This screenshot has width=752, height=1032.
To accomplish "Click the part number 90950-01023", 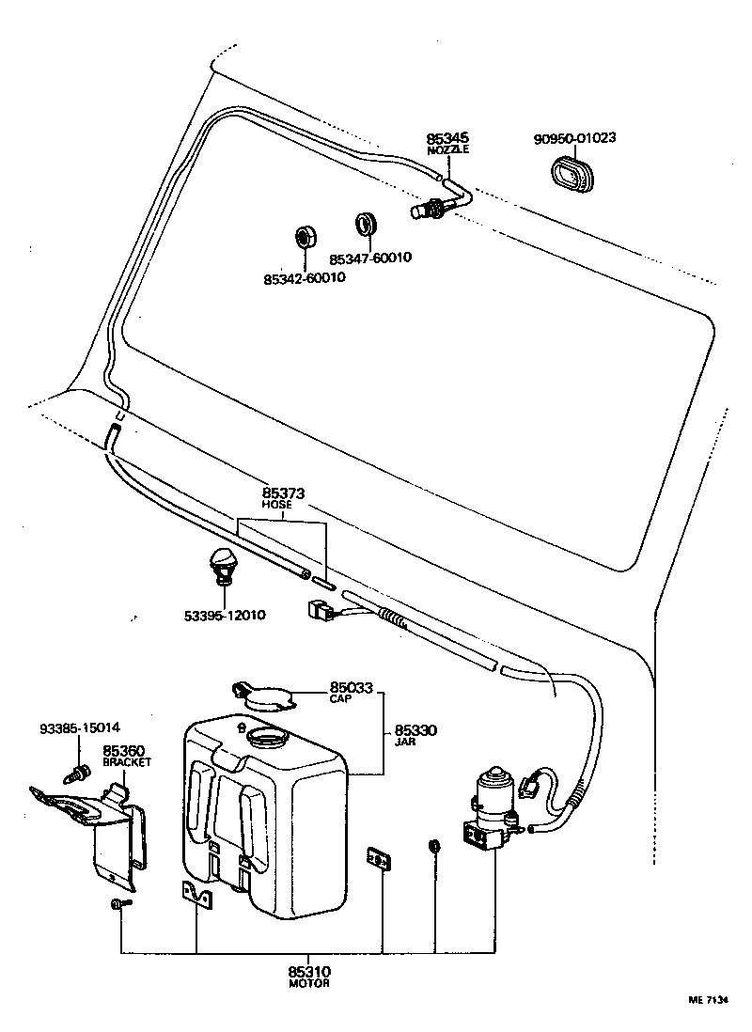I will tap(574, 137).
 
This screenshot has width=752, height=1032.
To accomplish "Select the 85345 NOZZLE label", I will tap(446, 142).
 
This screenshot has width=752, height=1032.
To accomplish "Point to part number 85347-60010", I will tap(370, 258).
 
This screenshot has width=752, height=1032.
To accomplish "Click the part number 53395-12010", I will tap(225, 616).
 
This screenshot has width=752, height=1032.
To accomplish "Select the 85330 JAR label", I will tap(415, 734).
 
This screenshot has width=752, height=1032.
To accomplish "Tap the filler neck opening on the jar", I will tap(267, 738).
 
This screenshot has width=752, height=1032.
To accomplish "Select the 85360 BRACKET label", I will tap(126, 756).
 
